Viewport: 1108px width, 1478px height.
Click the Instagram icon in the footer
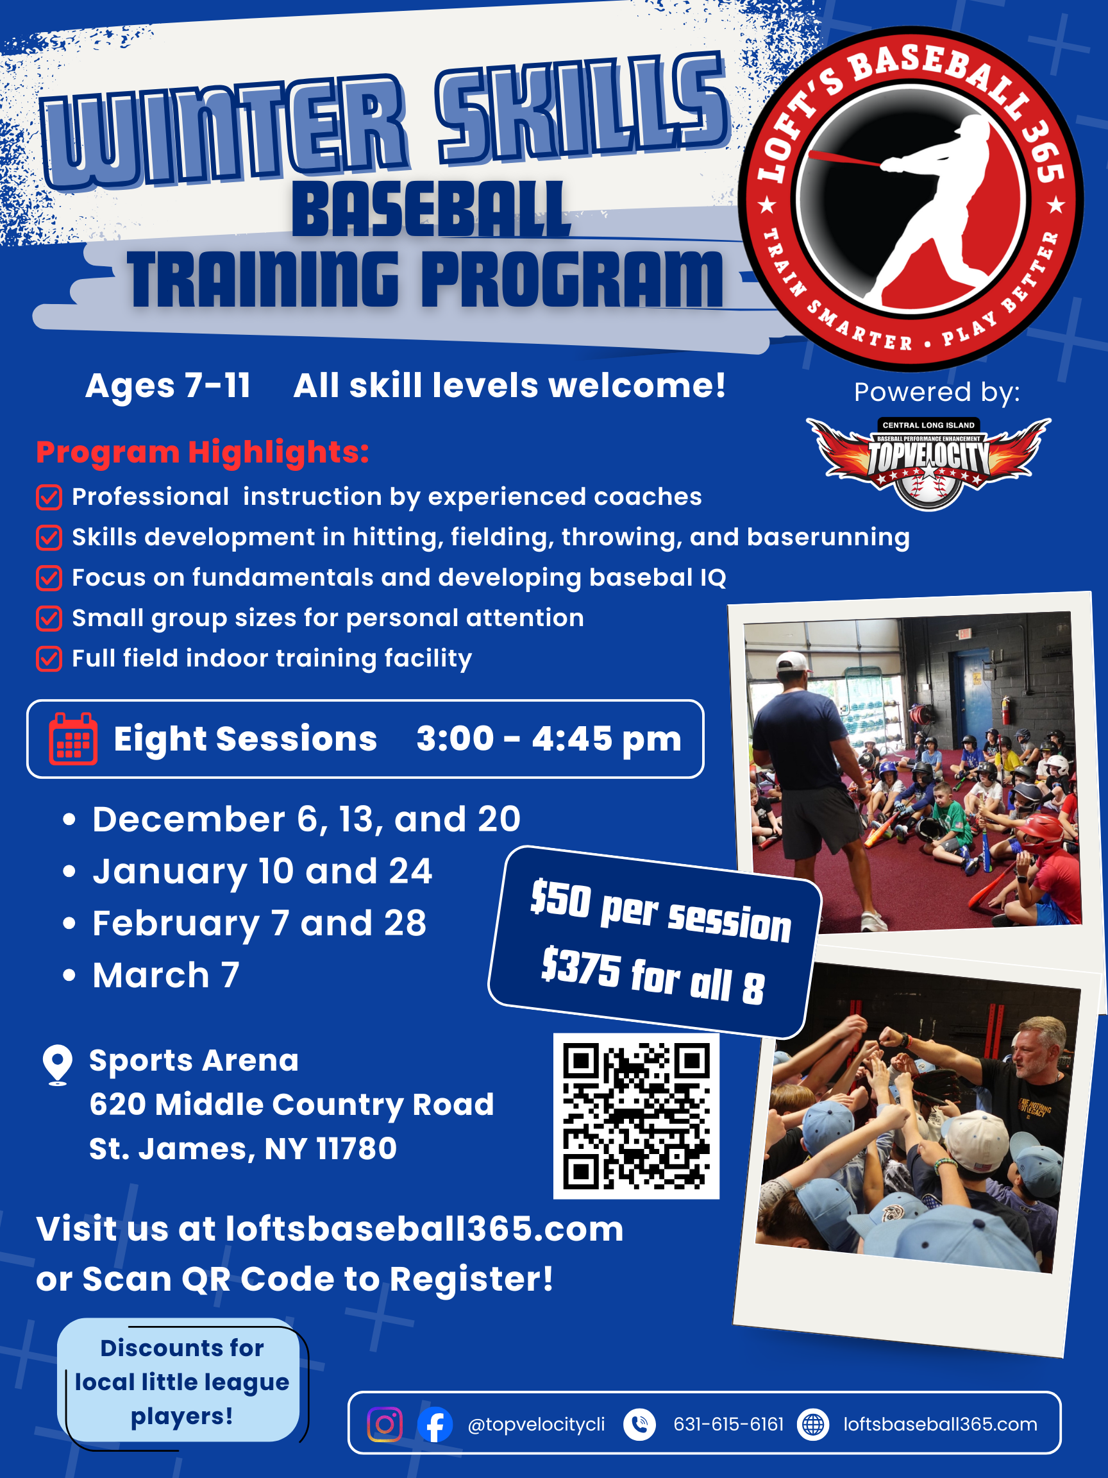(385, 1424)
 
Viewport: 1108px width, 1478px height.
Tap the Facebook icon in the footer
(435, 1424)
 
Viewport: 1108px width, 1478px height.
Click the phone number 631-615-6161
(728, 1424)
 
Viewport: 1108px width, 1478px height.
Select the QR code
(636, 1116)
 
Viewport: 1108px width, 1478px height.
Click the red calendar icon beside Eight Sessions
(73, 738)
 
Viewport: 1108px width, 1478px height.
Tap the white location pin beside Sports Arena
(58, 1065)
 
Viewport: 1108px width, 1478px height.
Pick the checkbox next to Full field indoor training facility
(49, 658)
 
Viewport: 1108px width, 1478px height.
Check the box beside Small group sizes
(49, 618)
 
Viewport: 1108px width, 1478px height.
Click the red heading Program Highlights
(203, 452)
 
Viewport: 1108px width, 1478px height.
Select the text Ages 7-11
(167, 386)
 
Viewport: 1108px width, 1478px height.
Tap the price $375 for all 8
(652, 976)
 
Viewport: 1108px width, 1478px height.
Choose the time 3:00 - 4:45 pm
(549, 739)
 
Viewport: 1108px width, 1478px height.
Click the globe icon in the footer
(813, 1424)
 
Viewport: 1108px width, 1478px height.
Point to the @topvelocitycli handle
(536, 1424)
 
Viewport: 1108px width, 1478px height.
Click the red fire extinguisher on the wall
(1005, 709)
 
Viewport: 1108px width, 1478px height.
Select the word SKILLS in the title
(581, 110)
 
